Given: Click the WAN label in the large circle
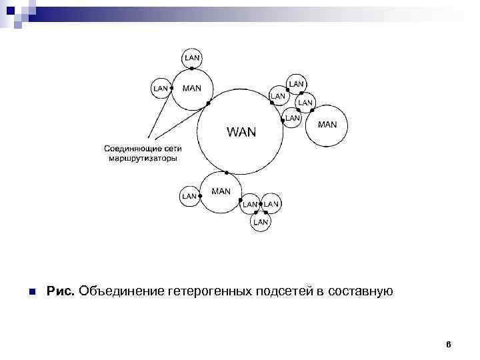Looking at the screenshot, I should point(241,131).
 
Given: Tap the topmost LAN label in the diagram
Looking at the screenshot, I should point(192,58).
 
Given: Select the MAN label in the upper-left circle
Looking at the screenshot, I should point(192,88).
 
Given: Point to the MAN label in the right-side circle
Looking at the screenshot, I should point(328,124).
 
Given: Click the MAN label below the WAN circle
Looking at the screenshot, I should point(221,191).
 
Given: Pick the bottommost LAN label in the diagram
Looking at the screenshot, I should point(261,221).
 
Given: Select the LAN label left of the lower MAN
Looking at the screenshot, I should point(189,196).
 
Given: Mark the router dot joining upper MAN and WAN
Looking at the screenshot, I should point(209,103).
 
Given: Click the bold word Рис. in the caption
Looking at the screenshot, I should point(61,291).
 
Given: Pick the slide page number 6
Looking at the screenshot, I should point(449,345).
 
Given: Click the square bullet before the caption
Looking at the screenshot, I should point(31,292).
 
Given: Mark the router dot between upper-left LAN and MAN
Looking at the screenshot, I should point(171,88).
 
